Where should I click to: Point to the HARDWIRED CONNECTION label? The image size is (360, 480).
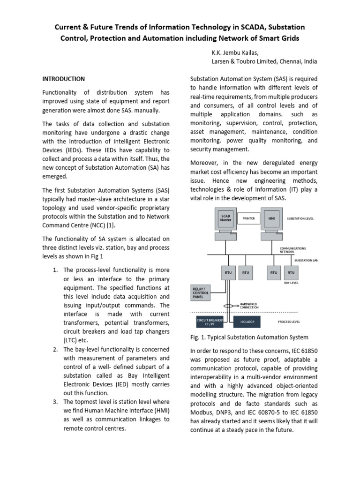point(254,306)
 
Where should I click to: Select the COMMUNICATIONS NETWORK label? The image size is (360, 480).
point(293,250)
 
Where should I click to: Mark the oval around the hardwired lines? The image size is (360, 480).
point(228,306)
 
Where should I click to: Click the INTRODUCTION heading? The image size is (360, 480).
point(64,79)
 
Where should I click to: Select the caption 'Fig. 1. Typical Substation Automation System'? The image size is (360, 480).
point(249,337)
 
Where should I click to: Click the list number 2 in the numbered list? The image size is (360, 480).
point(55,349)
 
